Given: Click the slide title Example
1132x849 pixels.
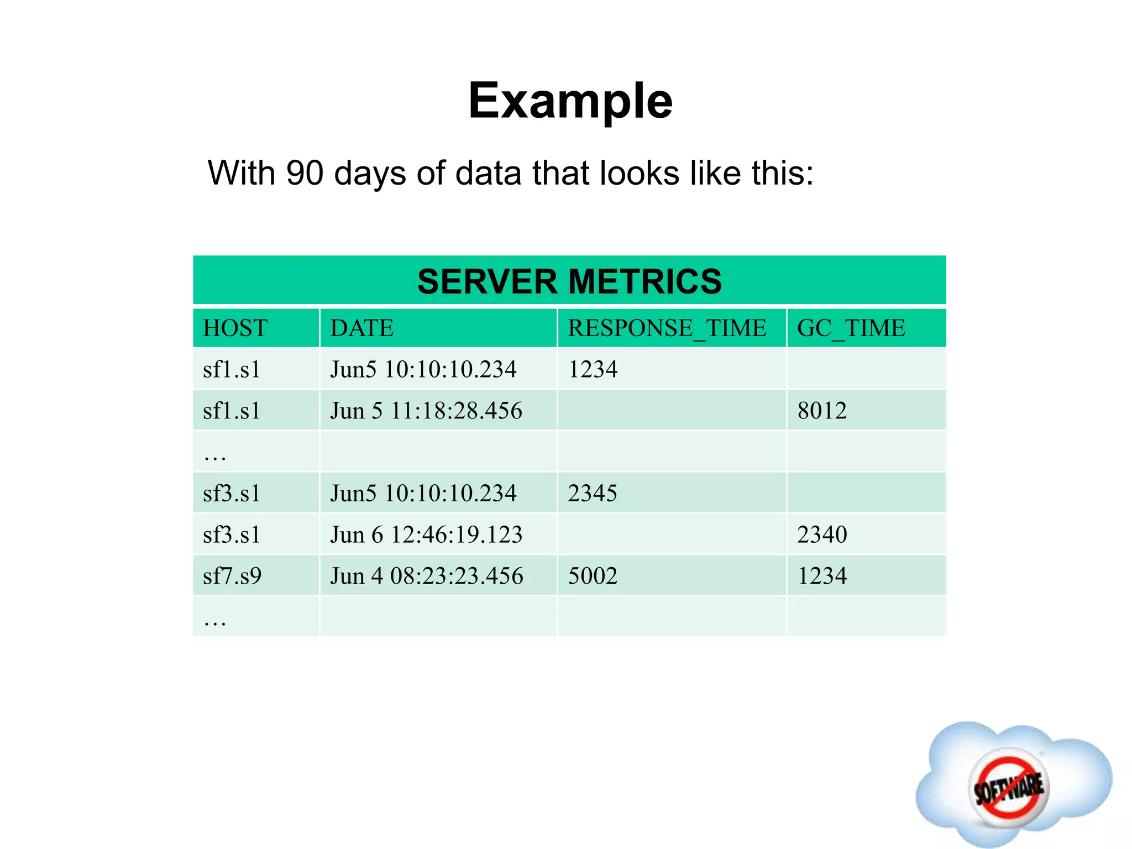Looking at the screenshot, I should [x=570, y=101].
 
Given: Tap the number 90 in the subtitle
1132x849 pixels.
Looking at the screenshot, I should [x=305, y=173].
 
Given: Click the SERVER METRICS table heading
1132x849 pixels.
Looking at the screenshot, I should [x=569, y=281].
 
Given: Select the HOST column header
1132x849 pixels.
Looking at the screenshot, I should [x=235, y=328].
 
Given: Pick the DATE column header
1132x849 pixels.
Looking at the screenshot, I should [x=361, y=328].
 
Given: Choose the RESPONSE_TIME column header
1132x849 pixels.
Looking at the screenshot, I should [x=667, y=328].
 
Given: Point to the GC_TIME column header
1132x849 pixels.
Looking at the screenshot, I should [x=851, y=328].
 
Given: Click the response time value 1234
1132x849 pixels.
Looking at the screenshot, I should [x=593, y=369].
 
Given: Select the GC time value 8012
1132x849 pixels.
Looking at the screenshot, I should [x=822, y=411].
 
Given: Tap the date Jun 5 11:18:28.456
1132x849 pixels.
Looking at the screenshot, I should [x=426, y=411].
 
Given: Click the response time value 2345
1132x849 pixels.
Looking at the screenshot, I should [x=593, y=493].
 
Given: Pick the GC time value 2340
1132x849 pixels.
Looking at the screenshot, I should [x=822, y=534].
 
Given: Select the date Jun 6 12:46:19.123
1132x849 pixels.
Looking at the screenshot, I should [x=426, y=534].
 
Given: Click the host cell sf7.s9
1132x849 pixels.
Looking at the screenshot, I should [x=232, y=576].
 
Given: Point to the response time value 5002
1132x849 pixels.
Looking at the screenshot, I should [x=593, y=576].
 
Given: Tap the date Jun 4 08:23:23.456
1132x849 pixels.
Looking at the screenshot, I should [x=426, y=576].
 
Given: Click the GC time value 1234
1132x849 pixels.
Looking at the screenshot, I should [x=822, y=576].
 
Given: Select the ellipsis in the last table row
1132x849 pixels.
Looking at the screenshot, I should [x=215, y=622].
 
